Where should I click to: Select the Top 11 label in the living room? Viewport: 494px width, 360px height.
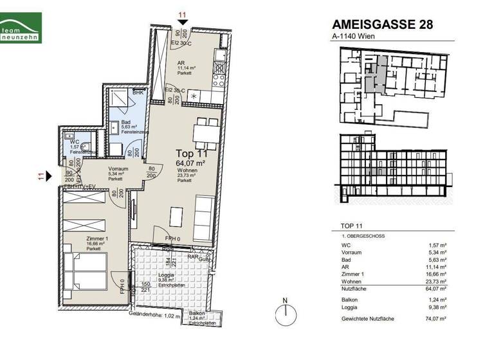click(x=191, y=153)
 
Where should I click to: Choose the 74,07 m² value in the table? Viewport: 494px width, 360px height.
click(x=441, y=319)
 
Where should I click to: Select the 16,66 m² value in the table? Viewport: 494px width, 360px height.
click(x=441, y=273)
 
